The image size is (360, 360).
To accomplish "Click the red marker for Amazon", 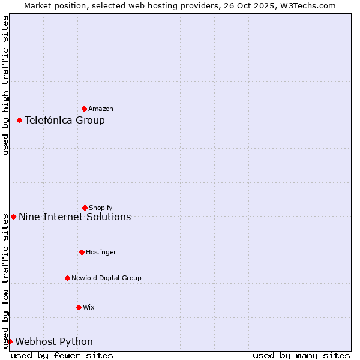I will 84,109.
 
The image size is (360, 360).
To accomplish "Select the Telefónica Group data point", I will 19,120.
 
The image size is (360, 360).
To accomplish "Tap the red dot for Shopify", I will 85,208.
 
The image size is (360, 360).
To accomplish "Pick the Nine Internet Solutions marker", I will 13,217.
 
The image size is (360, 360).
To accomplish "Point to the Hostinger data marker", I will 82,252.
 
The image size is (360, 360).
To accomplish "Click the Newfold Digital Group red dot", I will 67,278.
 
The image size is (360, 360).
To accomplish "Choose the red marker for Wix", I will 79,307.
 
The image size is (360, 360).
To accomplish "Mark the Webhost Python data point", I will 10,341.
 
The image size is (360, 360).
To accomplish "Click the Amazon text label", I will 101,109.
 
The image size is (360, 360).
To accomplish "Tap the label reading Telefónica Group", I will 65,121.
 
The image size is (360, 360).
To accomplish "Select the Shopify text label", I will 101,208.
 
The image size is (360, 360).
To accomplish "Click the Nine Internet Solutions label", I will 75,217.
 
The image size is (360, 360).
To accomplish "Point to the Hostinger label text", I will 101,253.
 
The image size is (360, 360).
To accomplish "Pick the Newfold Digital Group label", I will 106,278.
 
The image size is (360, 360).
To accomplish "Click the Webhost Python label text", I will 54,342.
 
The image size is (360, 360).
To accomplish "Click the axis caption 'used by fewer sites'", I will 62,356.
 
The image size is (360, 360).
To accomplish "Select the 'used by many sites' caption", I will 301,356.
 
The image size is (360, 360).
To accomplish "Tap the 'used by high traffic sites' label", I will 6,85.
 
